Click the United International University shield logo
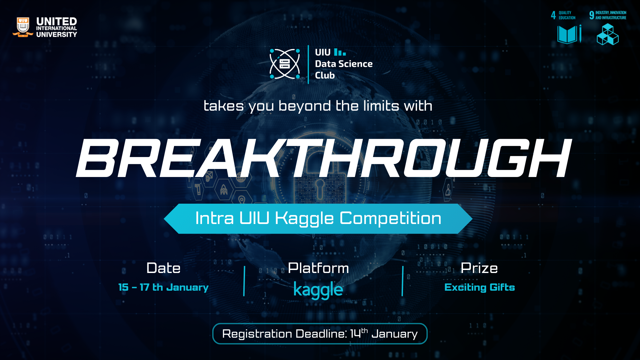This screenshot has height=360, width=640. tap(23, 27)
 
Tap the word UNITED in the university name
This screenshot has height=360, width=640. tap(56, 21)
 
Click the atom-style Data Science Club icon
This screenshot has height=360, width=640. tap(284, 64)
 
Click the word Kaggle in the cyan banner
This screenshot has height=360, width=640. tap(304, 219)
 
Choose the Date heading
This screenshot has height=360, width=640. tap(163, 268)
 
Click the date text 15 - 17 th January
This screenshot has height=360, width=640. tap(163, 287)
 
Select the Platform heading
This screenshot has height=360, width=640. tap(318, 268)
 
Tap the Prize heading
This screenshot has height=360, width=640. tap(479, 268)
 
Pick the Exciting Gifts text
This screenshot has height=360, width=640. tap(479, 287)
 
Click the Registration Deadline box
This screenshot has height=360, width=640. tap(320, 334)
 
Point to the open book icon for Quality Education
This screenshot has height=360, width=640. tap(568, 34)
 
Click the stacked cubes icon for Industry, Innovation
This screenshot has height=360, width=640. tap(607, 34)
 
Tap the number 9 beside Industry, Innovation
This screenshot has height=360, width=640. tap(591, 15)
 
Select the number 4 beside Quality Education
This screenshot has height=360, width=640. tap(553, 15)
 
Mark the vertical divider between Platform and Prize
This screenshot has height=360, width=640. tap(403, 281)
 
